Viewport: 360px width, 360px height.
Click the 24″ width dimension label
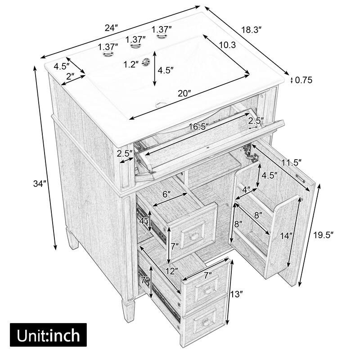tap(111, 27)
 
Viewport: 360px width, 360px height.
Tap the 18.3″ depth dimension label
tap(251, 29)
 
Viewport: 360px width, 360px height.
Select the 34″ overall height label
tap(40, 184)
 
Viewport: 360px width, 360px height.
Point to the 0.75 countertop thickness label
tap(304, 81)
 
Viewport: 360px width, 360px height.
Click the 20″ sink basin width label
tap(184, 93)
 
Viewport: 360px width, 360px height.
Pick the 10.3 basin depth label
tap(228, 45)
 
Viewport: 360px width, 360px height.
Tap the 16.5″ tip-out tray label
tap(198, 127)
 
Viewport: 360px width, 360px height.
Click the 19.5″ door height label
tap(323, 234)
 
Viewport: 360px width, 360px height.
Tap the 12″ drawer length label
tap(171, 271)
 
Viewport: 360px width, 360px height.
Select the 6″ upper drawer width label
tap(167, 194)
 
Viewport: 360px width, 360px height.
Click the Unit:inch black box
tap(48, 335)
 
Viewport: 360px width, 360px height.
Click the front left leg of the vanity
tap(128, 310)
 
